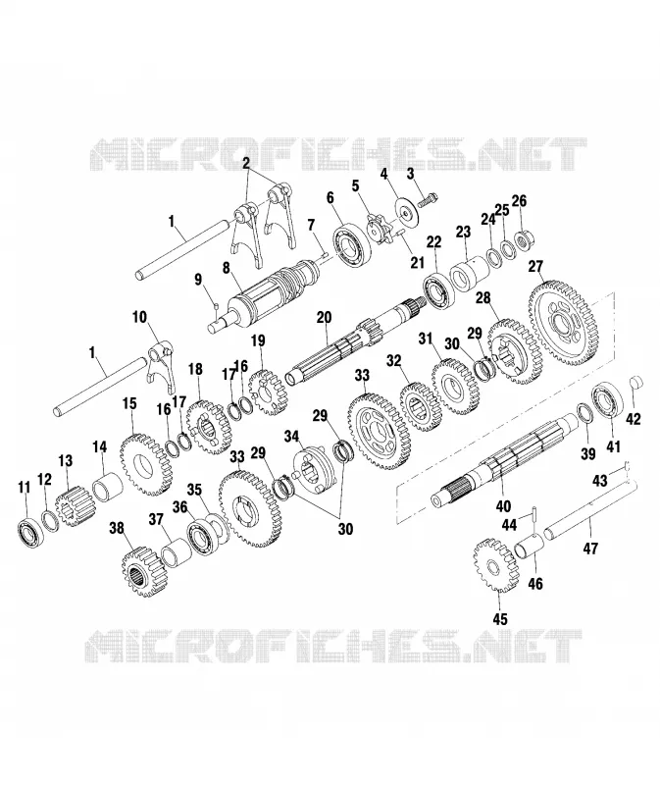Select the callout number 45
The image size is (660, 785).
coord(500,619)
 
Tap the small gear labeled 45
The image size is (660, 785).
coord(494,565)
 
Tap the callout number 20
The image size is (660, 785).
coord(324,318)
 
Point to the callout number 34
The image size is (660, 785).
coord(291,436)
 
